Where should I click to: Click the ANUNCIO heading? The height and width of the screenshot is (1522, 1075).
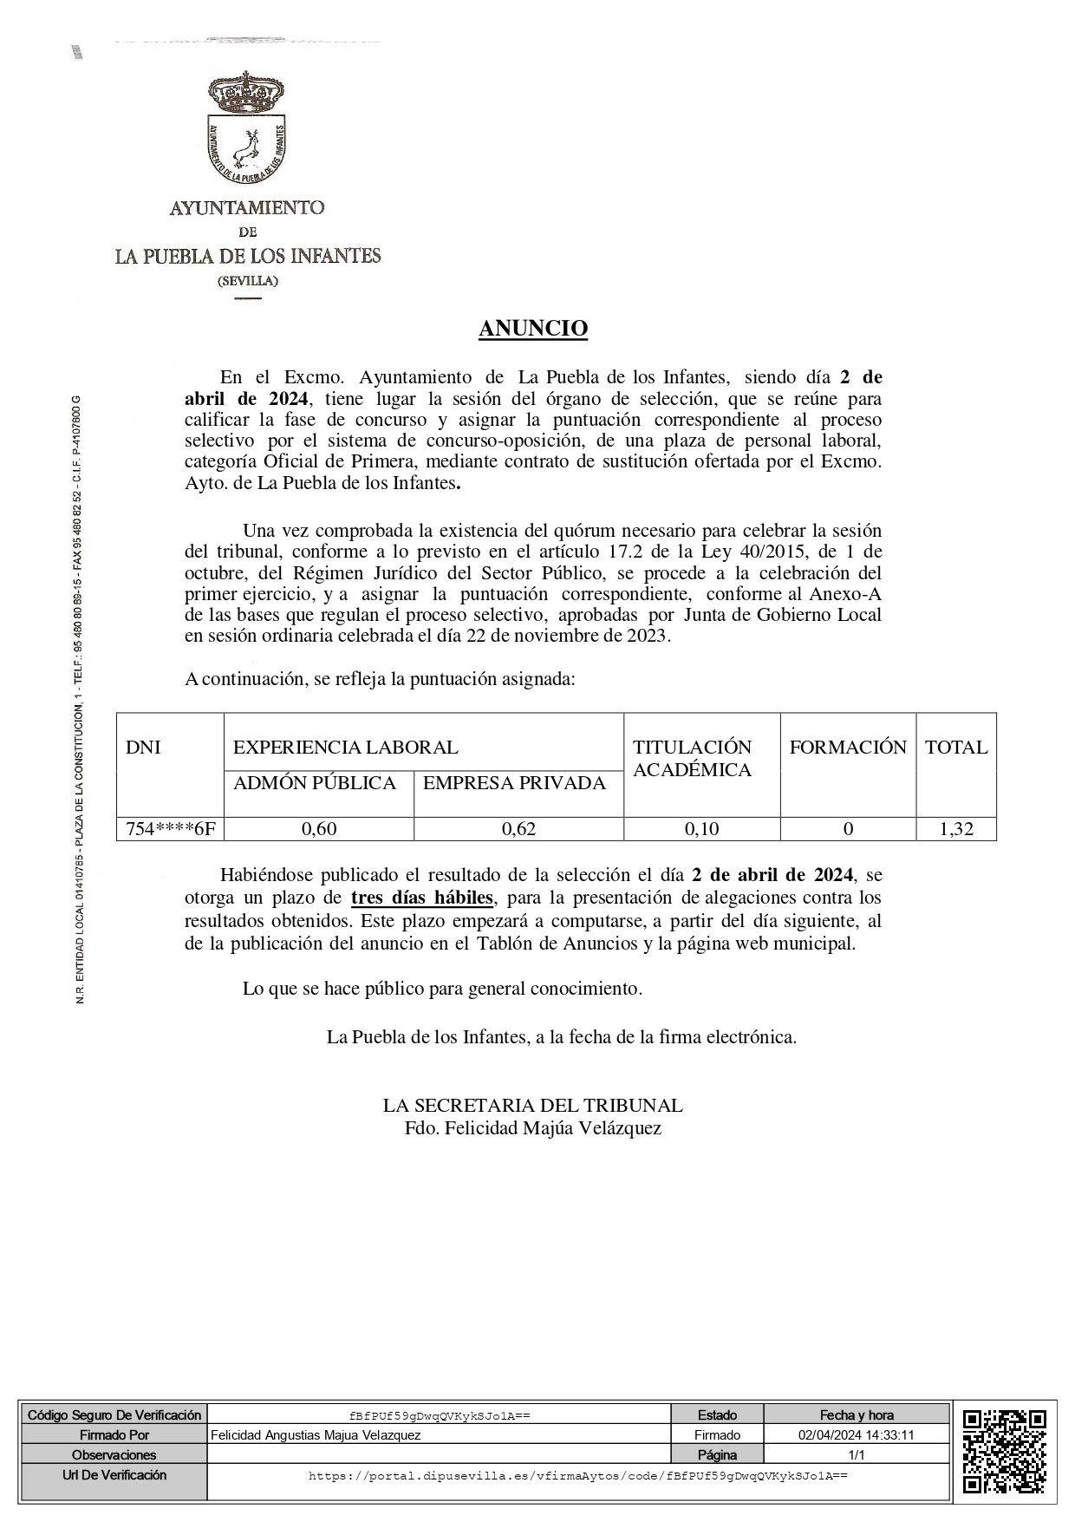(x=533, y=329)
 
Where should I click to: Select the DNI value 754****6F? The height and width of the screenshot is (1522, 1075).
(x=170, y=828)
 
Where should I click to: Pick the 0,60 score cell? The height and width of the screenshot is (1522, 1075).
(x=319, y=828)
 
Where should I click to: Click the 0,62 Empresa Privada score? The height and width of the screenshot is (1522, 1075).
(x=518, y=828)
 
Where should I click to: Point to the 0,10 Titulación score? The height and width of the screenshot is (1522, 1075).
(x=701, y=828)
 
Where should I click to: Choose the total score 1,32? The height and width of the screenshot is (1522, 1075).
(x=956, y=828)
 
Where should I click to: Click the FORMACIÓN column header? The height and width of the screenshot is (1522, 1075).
(x=848, y=748)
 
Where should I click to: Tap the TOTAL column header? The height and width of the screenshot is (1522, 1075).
(x=956, y=748)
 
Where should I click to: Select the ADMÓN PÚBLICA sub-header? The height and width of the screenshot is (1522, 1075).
(x=315, y=783)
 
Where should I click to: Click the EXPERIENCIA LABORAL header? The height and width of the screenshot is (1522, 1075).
(x=346, y=748)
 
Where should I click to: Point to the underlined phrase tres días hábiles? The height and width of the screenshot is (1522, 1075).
(x=422, y=898)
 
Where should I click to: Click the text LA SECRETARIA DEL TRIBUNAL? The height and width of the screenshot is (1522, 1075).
(x=532, y=1106)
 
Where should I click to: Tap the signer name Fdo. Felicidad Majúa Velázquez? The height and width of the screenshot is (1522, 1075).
(x=532, y=1128)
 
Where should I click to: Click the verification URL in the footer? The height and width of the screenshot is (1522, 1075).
(x=577, y=1475)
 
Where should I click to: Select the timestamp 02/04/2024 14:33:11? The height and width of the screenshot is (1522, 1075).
(x=856, y=1435)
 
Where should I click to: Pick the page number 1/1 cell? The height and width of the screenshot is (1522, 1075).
(x=856, y=1455)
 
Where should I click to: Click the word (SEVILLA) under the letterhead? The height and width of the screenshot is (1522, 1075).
(x=248, y=281)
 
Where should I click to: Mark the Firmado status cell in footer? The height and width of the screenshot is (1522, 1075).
(x=717, y=1435)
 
